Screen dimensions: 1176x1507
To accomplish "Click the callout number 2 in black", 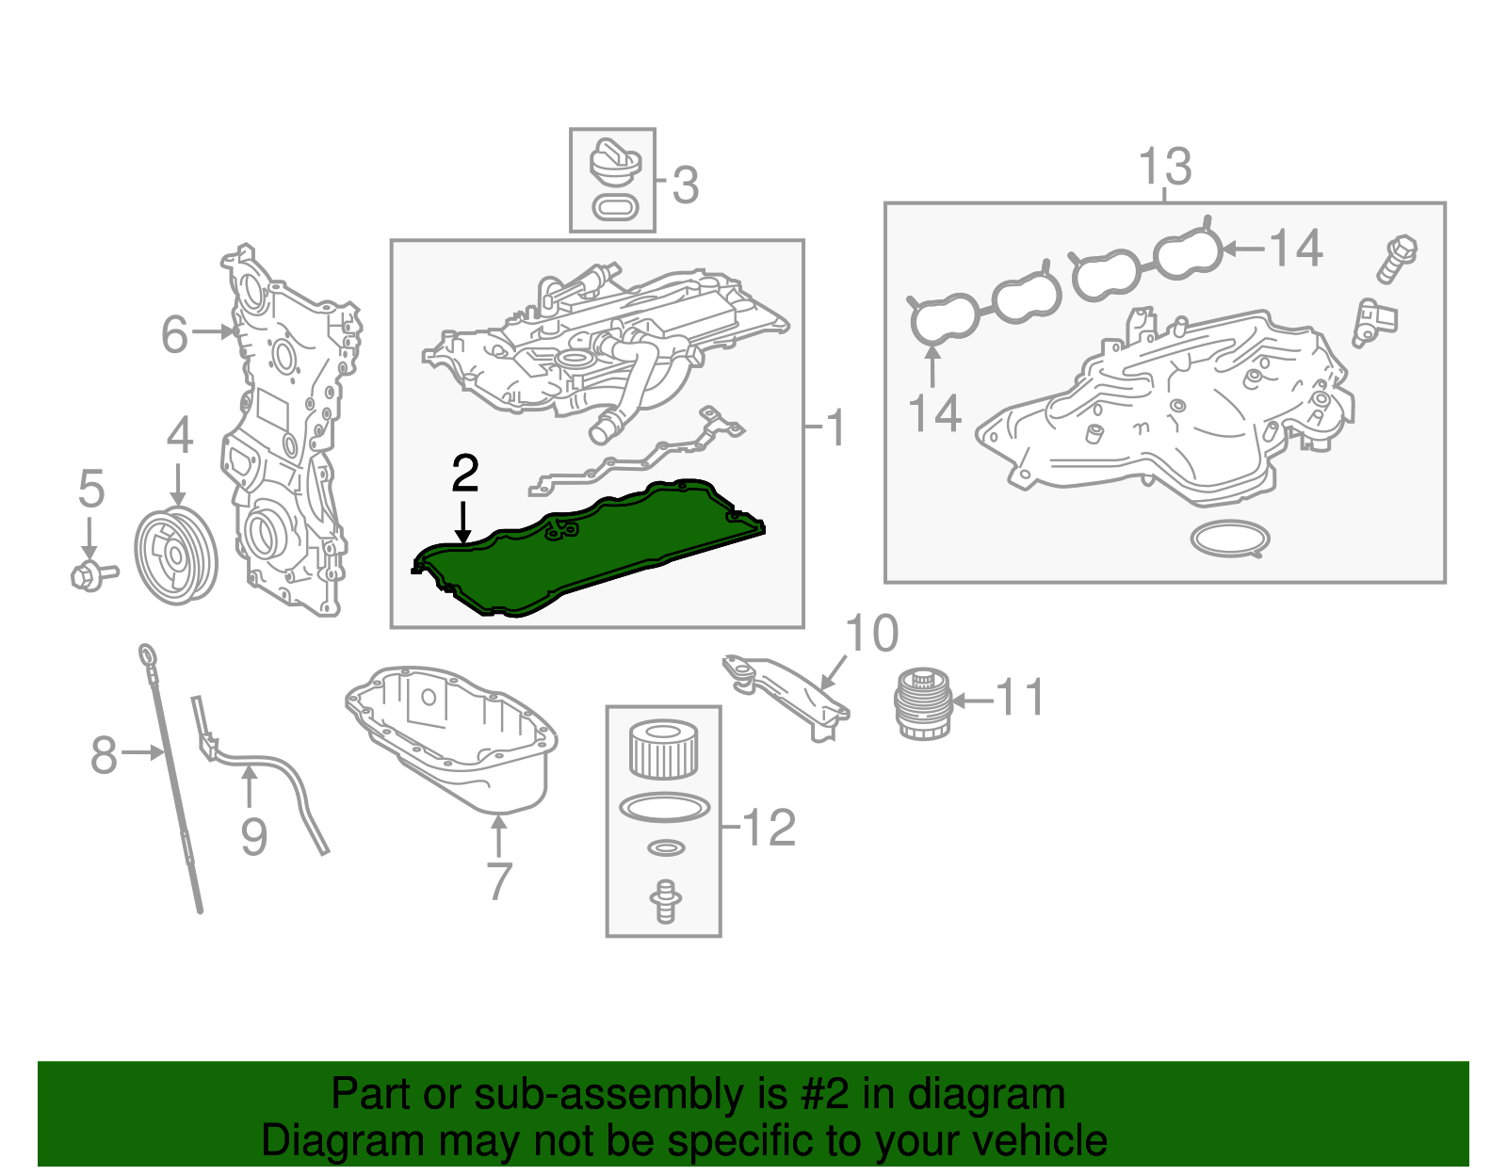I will click(x=464, y=474).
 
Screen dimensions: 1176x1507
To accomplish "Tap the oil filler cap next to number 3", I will click(x=614, y=163).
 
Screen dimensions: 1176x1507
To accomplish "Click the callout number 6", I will click(x=175, y=334).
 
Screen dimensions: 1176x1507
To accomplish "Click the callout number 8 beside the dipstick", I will click(x=104, y=755).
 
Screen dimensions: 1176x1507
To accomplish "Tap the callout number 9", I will click(x=253, y=837).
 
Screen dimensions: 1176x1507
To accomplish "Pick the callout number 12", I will click(x=770, y=829).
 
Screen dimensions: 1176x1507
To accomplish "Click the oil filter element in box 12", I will click(x=663, y=749).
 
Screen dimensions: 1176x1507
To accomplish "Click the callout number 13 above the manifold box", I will click(x=1165, y=167).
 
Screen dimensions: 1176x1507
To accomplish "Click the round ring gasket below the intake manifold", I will click(x=1229, y=540).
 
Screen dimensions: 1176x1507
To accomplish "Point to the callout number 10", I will click(x=871, y=634).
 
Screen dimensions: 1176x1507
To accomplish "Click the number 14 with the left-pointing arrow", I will click(x=1296, y=249).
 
